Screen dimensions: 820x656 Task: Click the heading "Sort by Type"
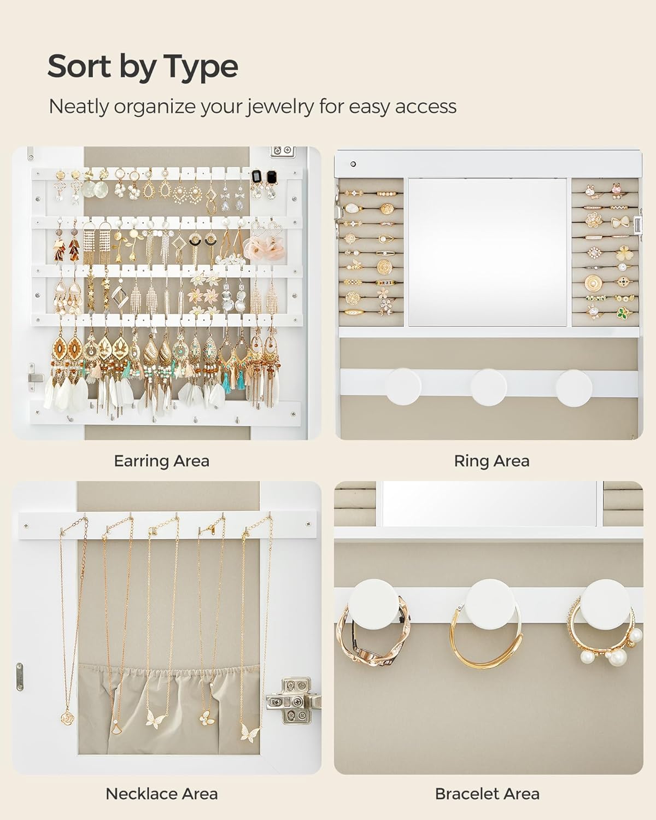(x=143, y=67)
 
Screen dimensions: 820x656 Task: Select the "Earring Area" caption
(x=161, y=461)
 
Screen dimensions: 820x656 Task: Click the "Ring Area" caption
(x=491, y=461)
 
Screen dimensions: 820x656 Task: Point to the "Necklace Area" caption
(x=161, y=793)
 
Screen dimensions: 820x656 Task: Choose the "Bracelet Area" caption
(x=487, y=793)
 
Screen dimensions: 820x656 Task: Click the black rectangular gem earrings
(x=263, y=177)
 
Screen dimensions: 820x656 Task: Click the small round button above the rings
(x=353, y=164)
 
